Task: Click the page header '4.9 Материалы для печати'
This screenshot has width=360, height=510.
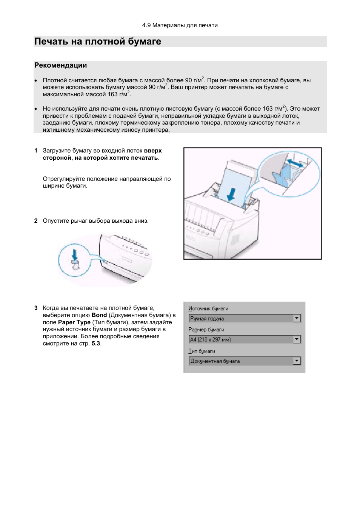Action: click(180, 25)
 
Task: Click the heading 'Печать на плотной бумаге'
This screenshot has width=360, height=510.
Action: click(98, 42)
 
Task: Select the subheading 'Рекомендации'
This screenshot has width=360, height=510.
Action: click(60, 65)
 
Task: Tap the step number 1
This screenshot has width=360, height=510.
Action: click(36, 151)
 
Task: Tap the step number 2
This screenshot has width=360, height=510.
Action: click(36, 220)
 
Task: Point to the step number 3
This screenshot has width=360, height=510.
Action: click(36, 308)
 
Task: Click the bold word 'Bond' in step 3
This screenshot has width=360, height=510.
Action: click(99, 315)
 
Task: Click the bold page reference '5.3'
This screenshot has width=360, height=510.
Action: click(96, 344)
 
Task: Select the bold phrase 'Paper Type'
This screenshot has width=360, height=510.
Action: click(74, 322)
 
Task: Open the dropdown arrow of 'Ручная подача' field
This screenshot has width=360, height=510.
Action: click(297, 318)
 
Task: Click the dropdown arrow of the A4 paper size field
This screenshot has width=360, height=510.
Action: click(297, 339)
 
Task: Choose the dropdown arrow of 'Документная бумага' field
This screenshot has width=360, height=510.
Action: click(297, 361)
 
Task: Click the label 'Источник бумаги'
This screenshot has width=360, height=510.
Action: click(208, 309)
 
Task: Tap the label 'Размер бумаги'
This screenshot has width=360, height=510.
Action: click(206, 330)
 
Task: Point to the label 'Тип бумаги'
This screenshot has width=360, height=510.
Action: click(202, 351)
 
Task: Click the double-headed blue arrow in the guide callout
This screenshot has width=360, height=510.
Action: click(295, 163)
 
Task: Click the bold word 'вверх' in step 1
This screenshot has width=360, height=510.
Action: click(153, 151)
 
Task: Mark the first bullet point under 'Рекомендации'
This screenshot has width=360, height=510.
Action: click(36, 81)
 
